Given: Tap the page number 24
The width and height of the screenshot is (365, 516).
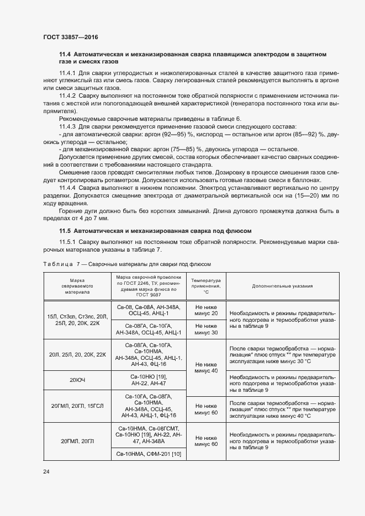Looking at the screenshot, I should point(46,471).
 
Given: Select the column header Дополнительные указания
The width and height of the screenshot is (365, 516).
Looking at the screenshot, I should point(282,286).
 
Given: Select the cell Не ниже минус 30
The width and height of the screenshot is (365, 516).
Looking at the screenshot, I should point(206,329).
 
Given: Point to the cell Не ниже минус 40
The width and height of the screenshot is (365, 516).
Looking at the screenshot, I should point(206,368).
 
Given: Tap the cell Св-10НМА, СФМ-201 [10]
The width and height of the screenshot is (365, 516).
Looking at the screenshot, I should point(149,454).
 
